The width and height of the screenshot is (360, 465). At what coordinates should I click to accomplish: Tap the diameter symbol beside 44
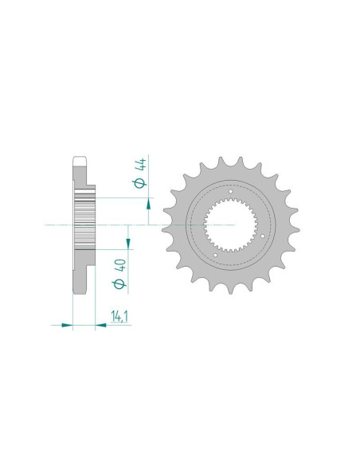[140, 183]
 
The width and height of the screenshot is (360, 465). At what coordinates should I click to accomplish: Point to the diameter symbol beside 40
[119, 283]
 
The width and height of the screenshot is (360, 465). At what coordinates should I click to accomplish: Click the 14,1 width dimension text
[119, 316]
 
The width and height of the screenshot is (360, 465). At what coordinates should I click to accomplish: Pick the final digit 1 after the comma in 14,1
[126, 316]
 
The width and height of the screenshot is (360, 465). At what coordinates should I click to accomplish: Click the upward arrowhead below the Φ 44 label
[149, 204]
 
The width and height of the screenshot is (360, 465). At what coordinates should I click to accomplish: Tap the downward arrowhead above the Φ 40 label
[128, 244]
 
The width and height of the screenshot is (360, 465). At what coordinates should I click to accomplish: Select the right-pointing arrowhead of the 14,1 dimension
[67, 326]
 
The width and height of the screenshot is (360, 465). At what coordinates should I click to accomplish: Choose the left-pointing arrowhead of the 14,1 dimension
[101, 326]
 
